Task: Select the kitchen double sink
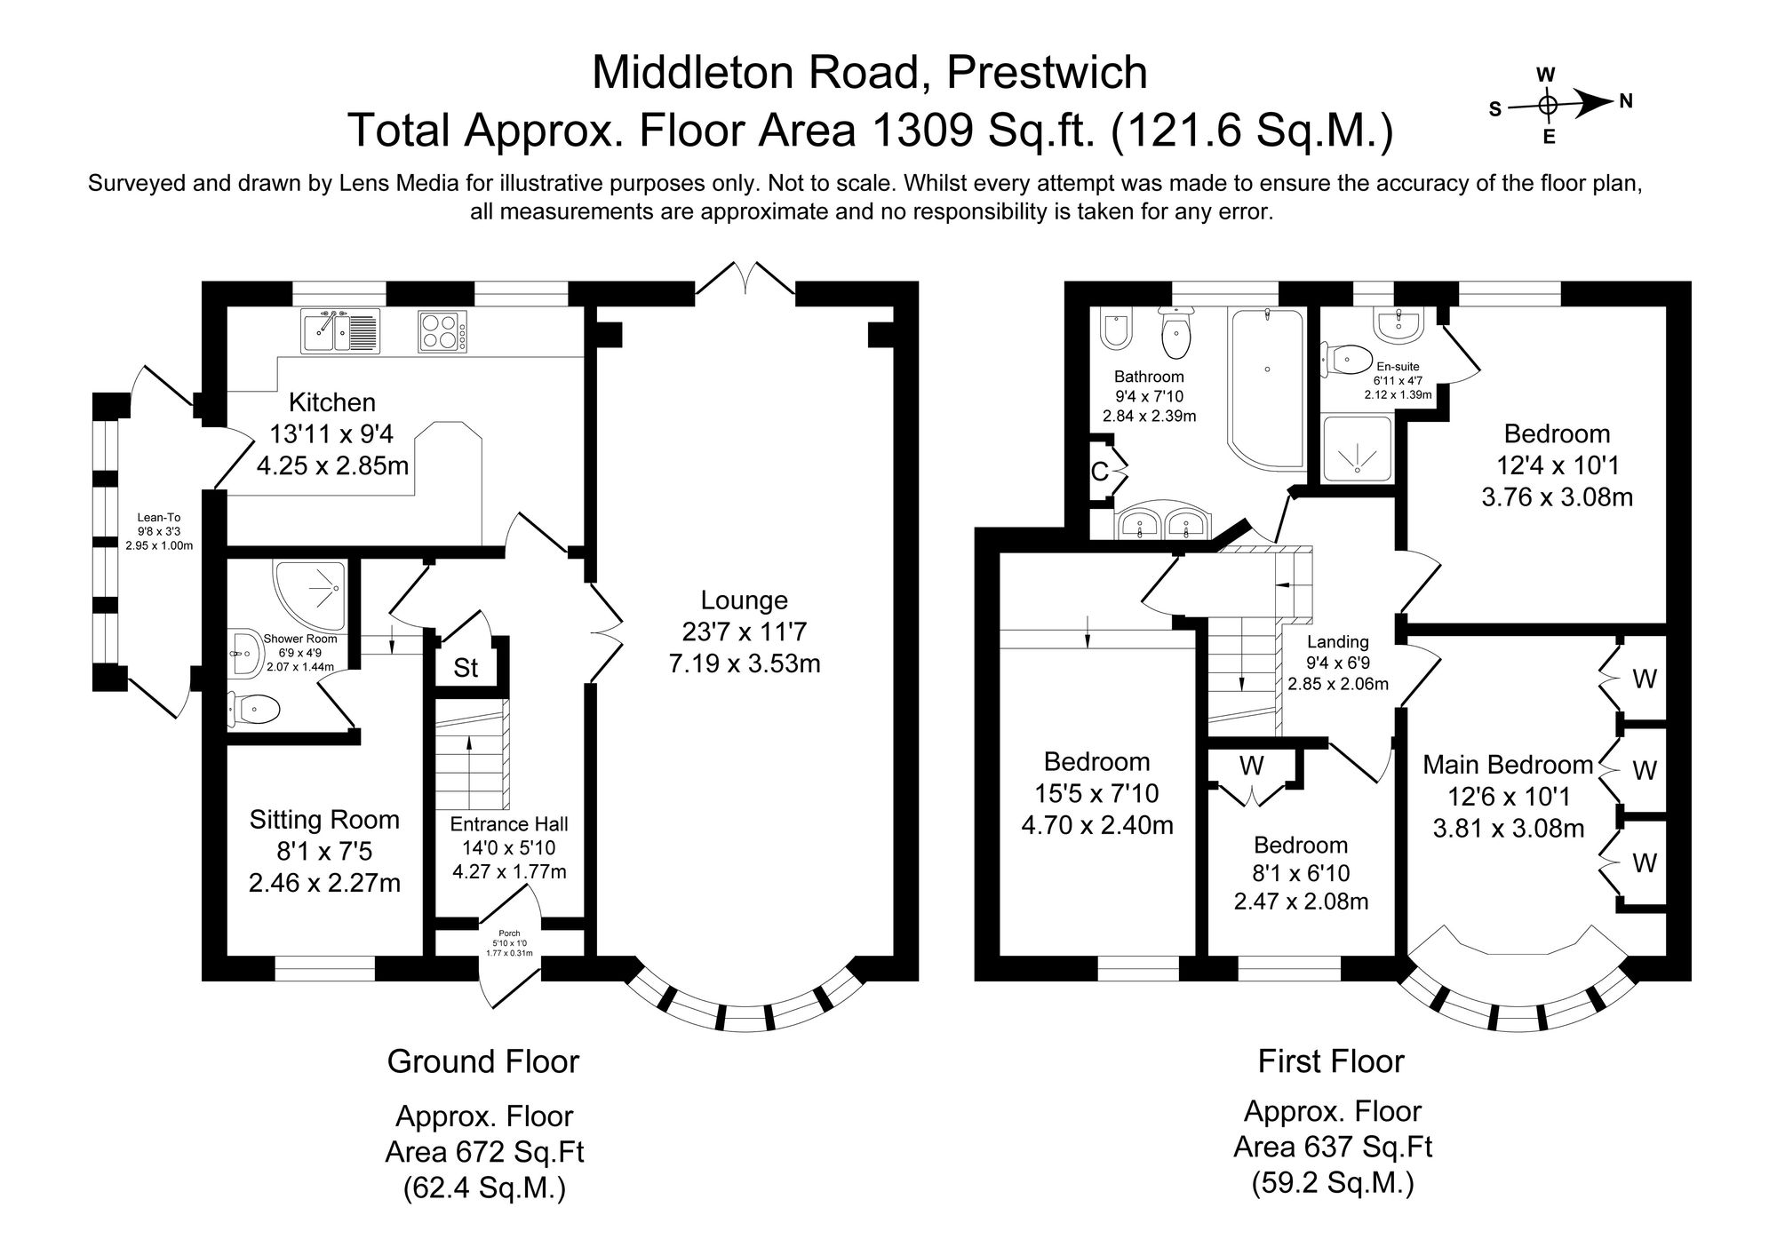point(339,331)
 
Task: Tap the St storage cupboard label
point(466,668)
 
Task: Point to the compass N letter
point(1626,102)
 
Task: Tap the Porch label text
point(509,933)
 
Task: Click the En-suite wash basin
point(1398,325)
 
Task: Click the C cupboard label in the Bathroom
point(1099,472)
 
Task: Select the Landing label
point(1337,641)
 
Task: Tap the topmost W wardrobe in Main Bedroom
point(1644,679)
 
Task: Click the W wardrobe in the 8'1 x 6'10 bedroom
point(1252,766)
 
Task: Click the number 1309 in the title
point(924,130)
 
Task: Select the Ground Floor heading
point(482,1061)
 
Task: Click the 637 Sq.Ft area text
point(1332,1147)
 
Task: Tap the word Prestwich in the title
point(1047,73)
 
